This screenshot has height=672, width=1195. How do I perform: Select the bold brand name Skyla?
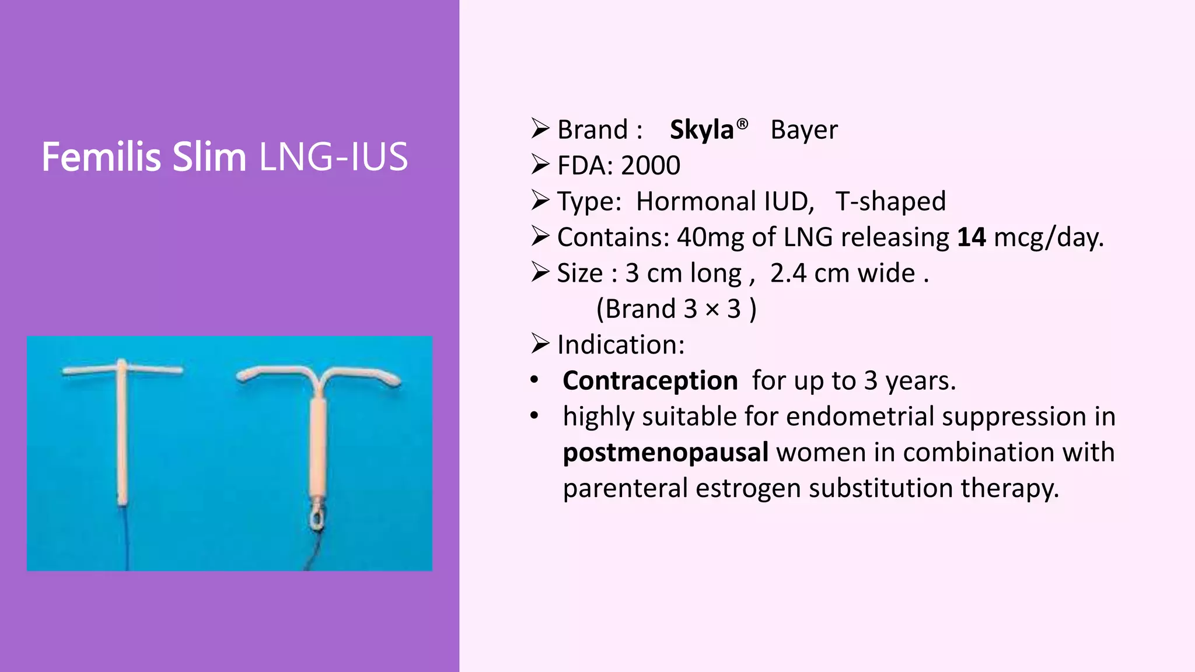[701, 129]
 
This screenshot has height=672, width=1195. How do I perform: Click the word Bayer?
[803, 129]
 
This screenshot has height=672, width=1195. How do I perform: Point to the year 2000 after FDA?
[651, 166]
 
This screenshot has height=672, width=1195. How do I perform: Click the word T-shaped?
[890, 201]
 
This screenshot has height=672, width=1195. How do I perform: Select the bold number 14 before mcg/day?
[972, 237]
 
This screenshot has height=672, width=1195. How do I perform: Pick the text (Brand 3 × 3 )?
[676, 309]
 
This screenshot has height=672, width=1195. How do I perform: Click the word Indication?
[621, 345]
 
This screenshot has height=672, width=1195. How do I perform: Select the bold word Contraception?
[650, 381]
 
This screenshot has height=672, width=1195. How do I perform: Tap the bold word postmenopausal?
[665, 453]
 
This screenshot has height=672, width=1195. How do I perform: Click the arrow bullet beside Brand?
[540, 128]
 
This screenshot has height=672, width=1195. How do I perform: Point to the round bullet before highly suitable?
[534, 416]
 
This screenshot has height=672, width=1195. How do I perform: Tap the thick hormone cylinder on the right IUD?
[318, 443]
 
